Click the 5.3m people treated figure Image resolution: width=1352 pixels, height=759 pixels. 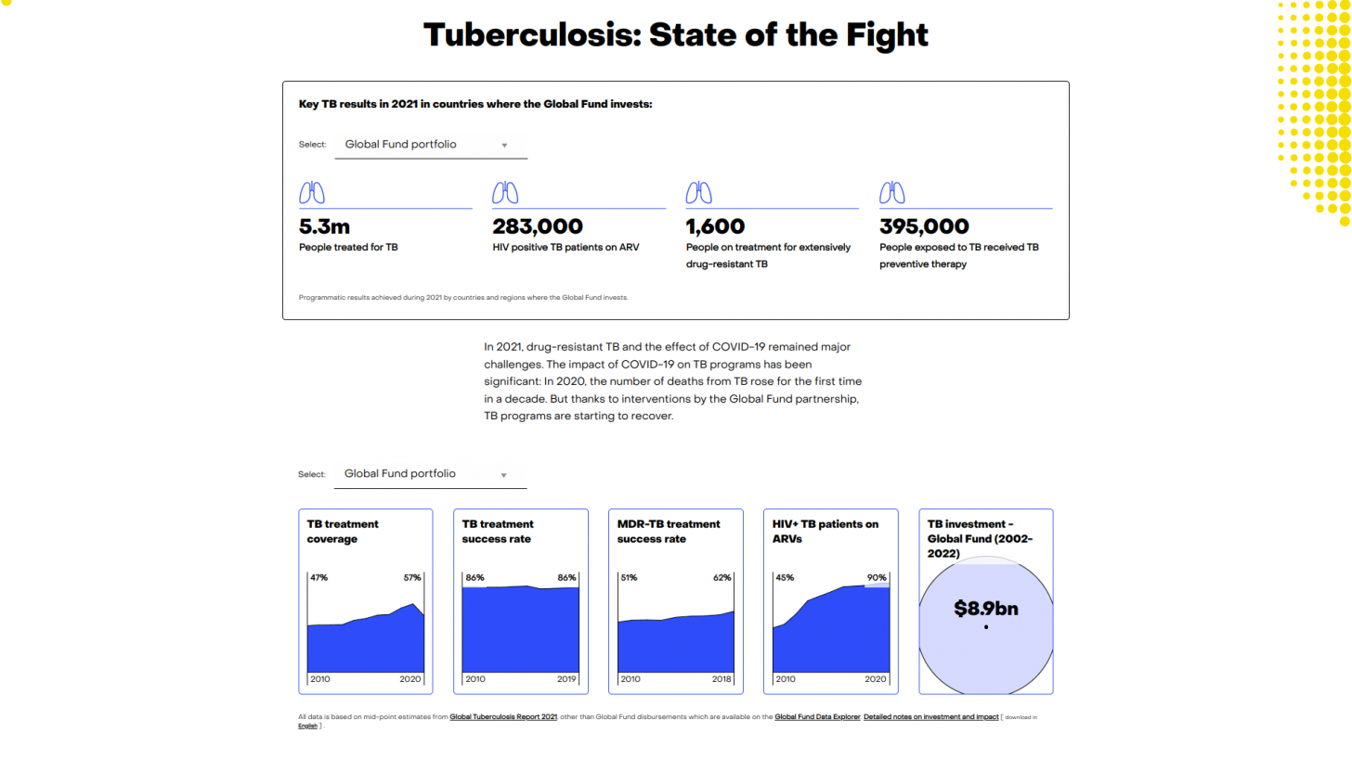tap(324, 226)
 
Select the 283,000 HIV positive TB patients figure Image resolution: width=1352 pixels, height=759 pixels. tap(538, 226)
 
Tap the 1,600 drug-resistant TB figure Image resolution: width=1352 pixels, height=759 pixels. tap(715, 226)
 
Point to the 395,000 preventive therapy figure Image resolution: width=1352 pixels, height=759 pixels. tap(924, 226)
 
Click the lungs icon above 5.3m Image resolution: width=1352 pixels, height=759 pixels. tap(312, 193)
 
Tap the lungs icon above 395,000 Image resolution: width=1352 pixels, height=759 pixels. tap(892, 193)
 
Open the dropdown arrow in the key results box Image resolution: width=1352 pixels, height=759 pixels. tap(504, 146)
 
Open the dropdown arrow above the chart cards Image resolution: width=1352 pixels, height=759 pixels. tap(504, 475)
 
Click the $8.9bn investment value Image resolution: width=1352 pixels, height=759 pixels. tap(986, 609)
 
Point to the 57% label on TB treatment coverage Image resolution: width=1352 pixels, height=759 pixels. tap(411, 577)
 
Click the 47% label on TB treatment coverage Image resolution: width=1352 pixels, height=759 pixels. tap(318, 577)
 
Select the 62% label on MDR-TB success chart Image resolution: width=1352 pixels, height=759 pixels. tap(721, 577)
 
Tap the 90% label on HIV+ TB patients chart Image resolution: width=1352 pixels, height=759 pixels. tap(877, 577)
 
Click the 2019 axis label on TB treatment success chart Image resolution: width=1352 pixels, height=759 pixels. tap(565, 679)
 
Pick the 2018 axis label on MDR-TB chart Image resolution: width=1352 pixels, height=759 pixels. tap(721, 679)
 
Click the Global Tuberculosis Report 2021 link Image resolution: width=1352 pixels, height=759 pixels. tap(503, 717)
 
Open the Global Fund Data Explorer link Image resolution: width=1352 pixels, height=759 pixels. tap(817, 717)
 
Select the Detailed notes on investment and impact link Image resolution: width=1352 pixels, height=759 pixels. tap(930, 717)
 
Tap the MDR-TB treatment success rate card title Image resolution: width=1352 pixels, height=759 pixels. tap(669, 531)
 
